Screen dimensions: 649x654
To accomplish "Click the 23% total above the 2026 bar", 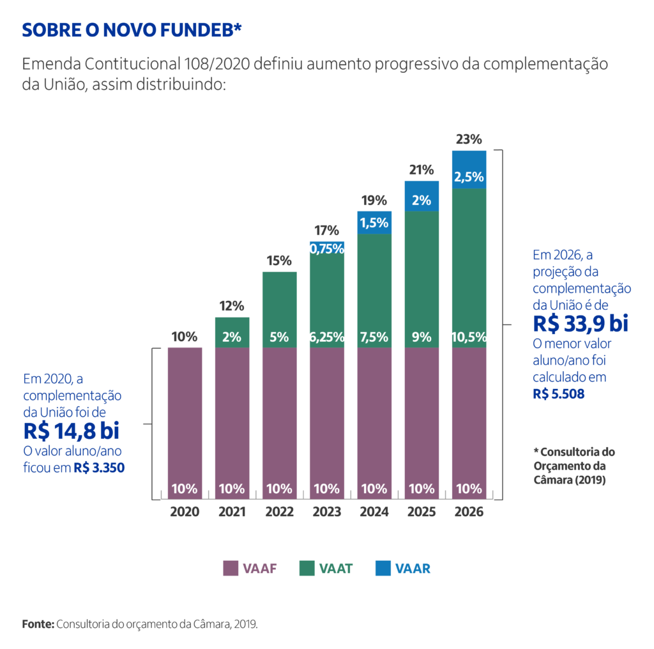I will pyautogui.click(x=469, y=139).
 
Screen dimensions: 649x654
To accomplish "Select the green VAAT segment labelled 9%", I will pyautogui.click(x=422, y=337).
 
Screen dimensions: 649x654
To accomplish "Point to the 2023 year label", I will pyautogui.click(x=326, y=512).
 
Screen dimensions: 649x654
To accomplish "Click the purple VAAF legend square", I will pyautogui.click(x=231, y=568).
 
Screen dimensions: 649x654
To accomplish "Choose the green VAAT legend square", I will pyautogui.click(x=307, y=568).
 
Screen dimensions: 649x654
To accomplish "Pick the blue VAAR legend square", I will pyautogui.click(x=383, y=568).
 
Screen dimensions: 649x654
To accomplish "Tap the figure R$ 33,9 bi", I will pyautogui.click(x=580, y=324).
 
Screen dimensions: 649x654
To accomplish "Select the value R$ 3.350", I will pyautogui.click(x=99, y=468).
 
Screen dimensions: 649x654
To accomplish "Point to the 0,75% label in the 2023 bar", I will pyautogui.click(x=327, y=249).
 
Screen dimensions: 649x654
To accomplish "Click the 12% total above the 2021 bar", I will pyautogui.click(x=232, y=306).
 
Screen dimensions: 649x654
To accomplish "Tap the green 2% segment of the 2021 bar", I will pyautogui.click(x=232, y=337).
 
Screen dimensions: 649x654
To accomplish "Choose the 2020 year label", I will pyautogui.click(x=185, y=512).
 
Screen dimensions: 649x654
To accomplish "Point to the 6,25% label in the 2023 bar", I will pyautogui.click(x=327, y=337).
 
